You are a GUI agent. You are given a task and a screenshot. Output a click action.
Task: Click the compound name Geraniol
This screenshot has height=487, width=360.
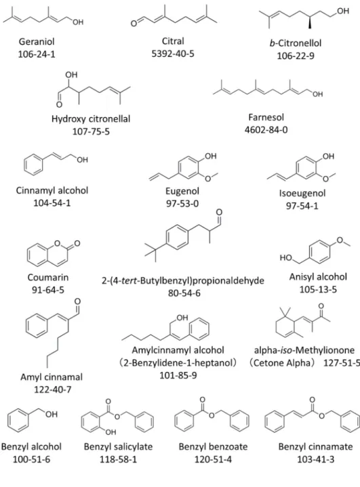tap(37, 41)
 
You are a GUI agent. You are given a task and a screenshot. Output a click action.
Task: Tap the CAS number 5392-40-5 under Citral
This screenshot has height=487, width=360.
tap(173, 54)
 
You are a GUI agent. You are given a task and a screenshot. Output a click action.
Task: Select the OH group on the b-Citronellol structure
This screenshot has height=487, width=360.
tap(343, 12)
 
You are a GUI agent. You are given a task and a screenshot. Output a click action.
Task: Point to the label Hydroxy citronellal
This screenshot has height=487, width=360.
tap(91, 119)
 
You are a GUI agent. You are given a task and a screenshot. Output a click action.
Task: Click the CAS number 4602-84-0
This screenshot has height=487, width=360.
tap(266, 129)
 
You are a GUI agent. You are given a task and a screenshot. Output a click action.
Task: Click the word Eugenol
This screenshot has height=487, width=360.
tap(182, 191)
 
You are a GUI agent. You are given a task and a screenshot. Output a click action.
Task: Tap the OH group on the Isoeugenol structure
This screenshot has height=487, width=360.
tap(328, 156)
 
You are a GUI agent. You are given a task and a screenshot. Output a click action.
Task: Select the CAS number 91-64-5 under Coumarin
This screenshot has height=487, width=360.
tap(48, 290)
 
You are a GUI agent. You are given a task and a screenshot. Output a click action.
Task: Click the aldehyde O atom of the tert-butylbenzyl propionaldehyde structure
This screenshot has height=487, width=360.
tap(219, 212)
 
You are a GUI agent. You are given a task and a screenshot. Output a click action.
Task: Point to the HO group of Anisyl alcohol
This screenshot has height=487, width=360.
tap(285, 257)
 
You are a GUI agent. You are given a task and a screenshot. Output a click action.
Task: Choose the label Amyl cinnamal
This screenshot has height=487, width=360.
tap(52, 377)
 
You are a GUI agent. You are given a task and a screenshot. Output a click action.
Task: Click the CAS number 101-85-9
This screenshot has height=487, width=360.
tap(178, 375)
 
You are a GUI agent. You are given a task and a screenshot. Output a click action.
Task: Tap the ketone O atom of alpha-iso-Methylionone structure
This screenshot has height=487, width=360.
tap(321, 306)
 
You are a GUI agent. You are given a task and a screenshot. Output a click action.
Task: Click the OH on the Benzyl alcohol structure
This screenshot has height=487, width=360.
tap(52, 414)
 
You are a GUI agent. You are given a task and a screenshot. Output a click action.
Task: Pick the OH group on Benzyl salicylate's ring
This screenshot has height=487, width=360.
tap(111, 431)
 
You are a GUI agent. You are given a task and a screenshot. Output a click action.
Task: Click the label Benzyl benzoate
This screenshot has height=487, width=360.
tap(214, 446)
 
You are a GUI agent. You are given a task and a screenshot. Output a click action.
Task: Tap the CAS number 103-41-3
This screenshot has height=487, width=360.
tap(316, 459)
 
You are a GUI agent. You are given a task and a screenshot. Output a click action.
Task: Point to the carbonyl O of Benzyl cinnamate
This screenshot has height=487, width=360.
tap(313, 400)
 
